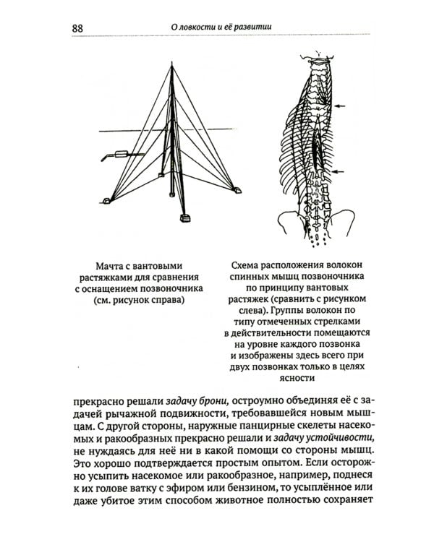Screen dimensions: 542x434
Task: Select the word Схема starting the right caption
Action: (x=242, y=265)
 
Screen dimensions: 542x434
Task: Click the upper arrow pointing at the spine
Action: (x=340, y=106)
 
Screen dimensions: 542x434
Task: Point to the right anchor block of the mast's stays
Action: (x=236, y=190)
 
